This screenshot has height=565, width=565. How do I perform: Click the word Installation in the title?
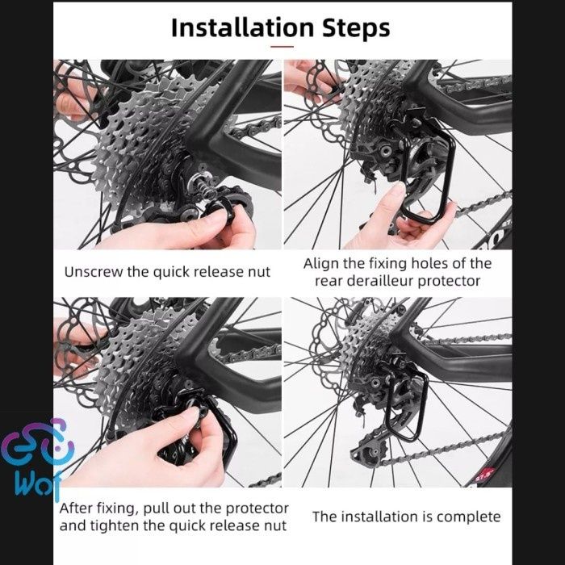243,27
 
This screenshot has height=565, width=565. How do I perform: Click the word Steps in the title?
356,27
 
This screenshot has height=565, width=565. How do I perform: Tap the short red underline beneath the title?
282,47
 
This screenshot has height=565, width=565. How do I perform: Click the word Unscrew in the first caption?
94,272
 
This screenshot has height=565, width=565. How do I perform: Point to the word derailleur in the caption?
381,281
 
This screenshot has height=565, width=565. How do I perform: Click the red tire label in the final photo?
484,475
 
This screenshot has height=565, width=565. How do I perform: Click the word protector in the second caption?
449,282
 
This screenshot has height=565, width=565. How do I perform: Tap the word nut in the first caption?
259,272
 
